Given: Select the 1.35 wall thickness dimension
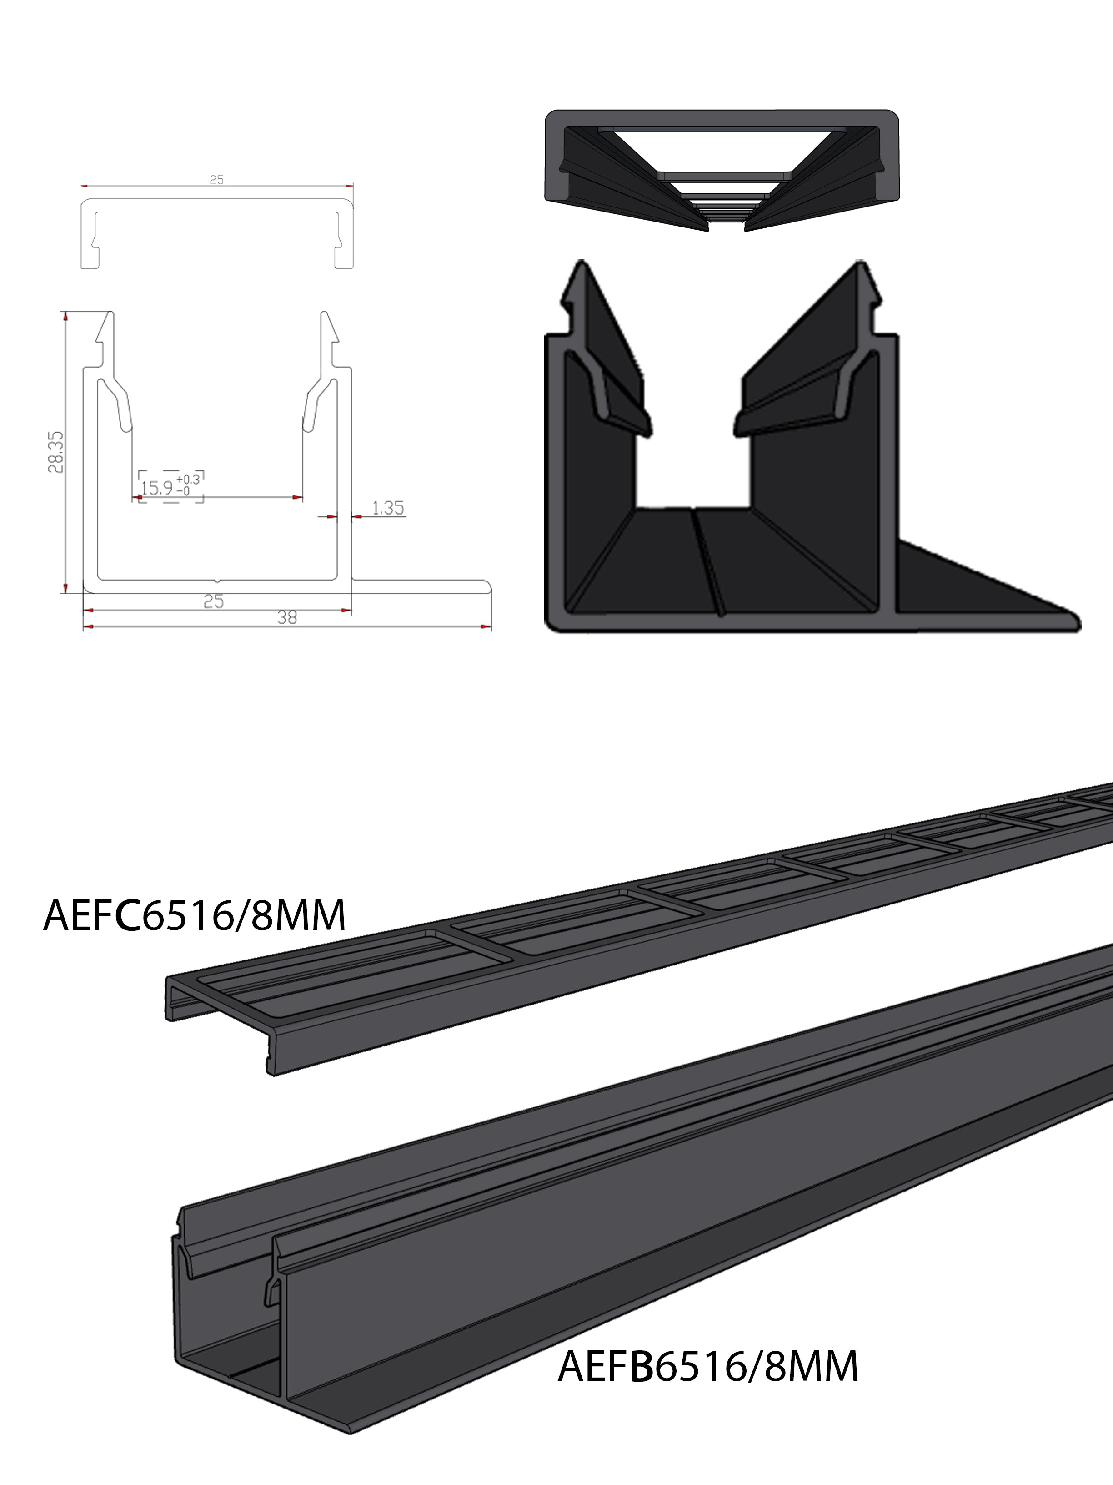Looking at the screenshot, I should tap(388, 508).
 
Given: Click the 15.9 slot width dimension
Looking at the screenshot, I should tap(156, 488).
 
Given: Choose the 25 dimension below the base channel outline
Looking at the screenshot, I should tap(213, 601).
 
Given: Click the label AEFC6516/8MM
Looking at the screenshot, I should tap(195, 915).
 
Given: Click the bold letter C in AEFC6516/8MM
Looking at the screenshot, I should tap(127, 915).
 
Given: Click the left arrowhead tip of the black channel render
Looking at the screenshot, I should tap(582, 263).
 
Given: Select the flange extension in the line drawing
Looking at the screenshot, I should tap(423, 586).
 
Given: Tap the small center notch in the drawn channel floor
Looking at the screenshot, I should tap(217, 579).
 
